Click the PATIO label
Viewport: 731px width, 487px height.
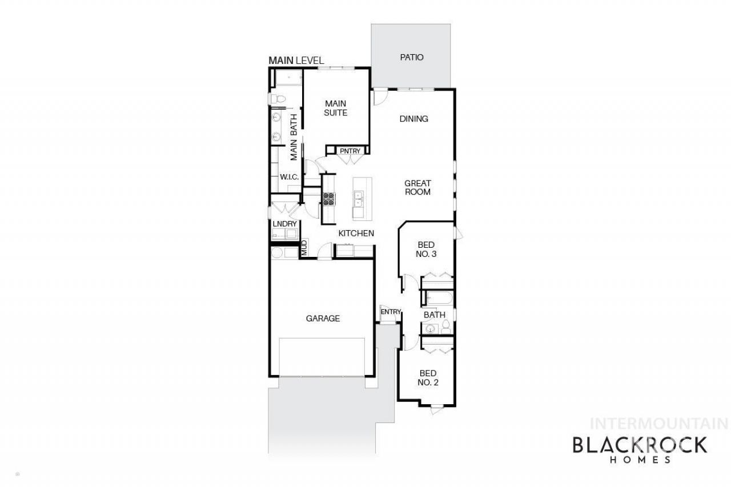pyautogui.click(x=412, y=58)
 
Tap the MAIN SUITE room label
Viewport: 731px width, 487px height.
pyautogui.click(x=335, y=108)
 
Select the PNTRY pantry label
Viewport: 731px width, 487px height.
pyautogui.click(x=350, y=151)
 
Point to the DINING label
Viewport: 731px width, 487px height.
pyautogui.click(x=413, y=119)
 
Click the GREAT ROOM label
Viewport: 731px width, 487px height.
pyautogui.click(x=417, y=188)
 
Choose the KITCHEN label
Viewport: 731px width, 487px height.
pyautogui.click(x=356, y=234)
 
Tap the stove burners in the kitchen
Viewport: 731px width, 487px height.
pyautogui.click(x=328, y=199)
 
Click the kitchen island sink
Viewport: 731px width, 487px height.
pyautogui.click(x=358, y=199)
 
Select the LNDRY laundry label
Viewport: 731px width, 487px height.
pyautogui.click(x=284, y=224)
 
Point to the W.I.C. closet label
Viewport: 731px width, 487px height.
pyautogui.click(x=289, y=177)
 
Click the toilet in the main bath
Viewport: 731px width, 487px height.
pyautogui.click(x=277, y=99)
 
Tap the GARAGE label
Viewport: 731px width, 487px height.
pyautogui.click(x=323, y=319)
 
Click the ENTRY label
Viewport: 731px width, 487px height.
pyautogui.click(x=391, y=312)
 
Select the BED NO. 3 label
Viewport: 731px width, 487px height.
pyautogui.click(x=426, y=249)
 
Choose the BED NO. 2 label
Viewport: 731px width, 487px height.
pyautogui.click(x=428, y=378)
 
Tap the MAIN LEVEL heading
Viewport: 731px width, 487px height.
pyautogui.click(x=296, y=61)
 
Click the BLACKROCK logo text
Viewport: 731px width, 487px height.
pyautogui.click(x=640, y=445)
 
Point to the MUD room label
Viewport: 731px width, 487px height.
pyautogui.click(x=304, y=248)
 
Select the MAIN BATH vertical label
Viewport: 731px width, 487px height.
pyautogui.click(x=294, y=138)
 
